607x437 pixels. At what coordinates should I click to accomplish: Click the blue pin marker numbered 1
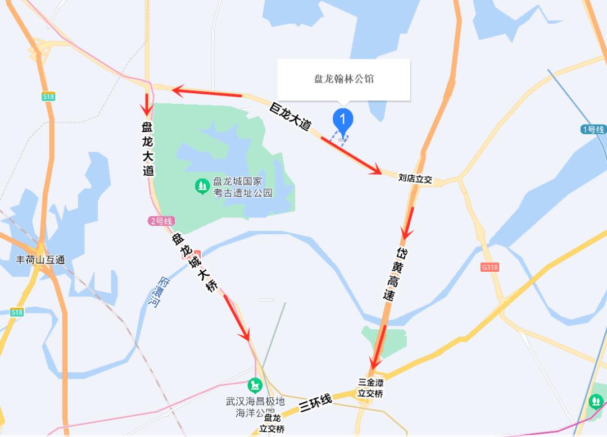[x=343, y=120]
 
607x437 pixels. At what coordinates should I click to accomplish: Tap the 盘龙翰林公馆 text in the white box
[x=344, y=79]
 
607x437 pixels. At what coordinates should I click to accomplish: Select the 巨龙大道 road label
[x=291, y=116]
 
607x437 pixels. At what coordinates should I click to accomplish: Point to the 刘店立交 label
[x=415, y=179]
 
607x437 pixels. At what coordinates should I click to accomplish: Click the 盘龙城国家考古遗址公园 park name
[x=243, y=188]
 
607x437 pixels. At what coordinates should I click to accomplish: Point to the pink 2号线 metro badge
[x=162, y=221]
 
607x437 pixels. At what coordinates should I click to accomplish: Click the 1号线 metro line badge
[x=594, y=130]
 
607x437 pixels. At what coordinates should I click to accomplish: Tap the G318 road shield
[x=490, y=267]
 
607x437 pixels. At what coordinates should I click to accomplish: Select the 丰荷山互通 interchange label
[x=40, y=260]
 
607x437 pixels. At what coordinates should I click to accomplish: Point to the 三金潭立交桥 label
[x=370, y=388]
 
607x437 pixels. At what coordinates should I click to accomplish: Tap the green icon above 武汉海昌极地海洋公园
[x=256, y=386]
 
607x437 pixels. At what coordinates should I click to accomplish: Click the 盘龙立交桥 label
[x=272, y=423]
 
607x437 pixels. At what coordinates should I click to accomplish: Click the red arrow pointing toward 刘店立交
[x=351, y=154]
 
